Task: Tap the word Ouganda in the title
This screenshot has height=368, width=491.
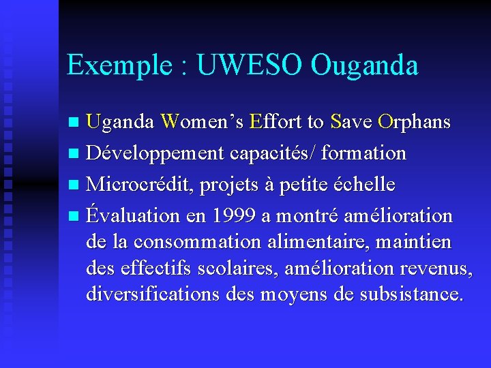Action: point(365,65)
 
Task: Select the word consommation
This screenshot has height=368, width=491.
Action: point(197,242)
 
